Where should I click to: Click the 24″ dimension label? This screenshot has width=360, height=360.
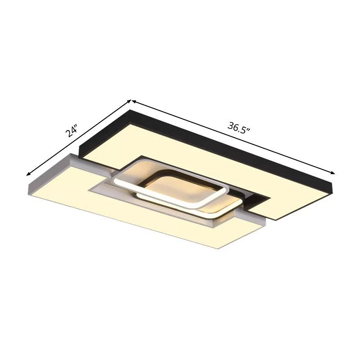(x=71, y=131)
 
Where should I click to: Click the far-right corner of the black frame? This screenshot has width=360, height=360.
(x=333, y=182)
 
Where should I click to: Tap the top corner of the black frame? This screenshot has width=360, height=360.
(x=130, y=111)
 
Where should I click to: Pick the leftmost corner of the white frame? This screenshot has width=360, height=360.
(x=28, y=181)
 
